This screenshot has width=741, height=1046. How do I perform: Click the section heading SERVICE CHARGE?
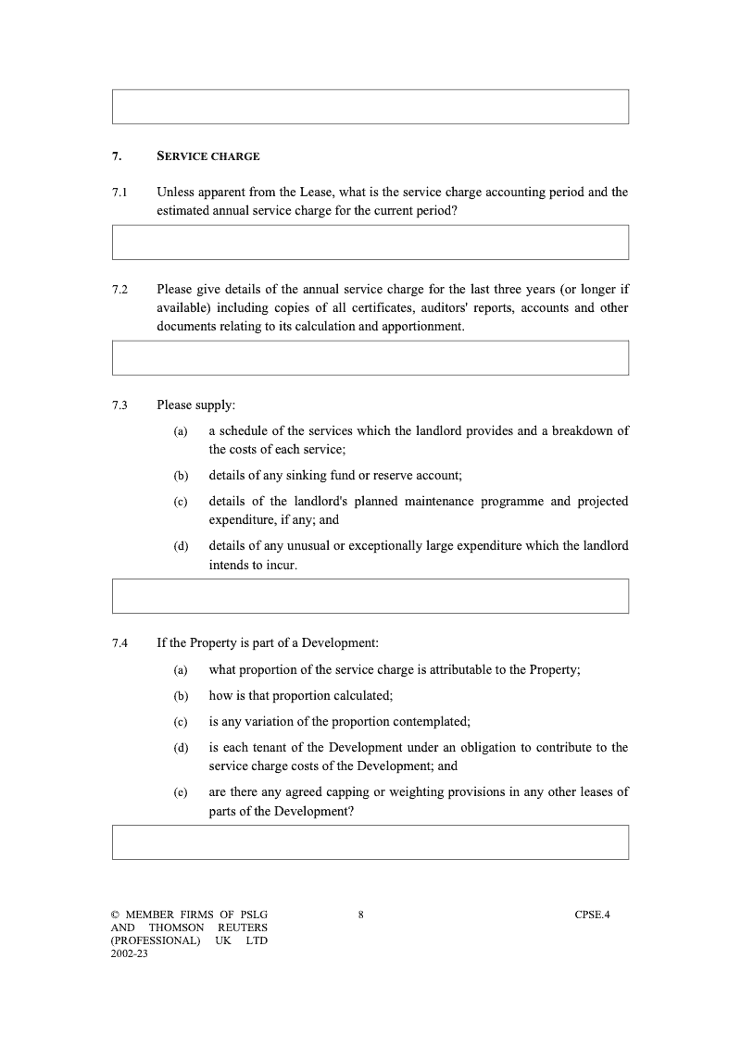click(208, 156)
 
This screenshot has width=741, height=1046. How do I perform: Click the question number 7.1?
click(119, 193)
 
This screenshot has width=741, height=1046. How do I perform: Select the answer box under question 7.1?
click(370, 243)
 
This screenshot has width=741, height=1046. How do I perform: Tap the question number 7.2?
click(119, 290)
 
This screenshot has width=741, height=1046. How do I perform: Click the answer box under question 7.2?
click(370, 358)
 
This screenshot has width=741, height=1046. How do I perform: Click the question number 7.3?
click(119, 405)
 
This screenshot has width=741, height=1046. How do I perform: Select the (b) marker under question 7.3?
click(181, 476)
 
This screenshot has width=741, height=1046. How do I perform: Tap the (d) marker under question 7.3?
click(181, 546)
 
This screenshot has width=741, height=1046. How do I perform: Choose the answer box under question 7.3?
click(370, 596)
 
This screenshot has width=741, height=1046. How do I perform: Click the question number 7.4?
click(119, 642)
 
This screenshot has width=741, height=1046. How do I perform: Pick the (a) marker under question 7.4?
click(181, 670)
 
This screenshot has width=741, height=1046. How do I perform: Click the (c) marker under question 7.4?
click(181, 722)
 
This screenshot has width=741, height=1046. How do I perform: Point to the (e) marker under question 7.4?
click(181, 792)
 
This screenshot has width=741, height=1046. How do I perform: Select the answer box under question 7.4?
click(370, 842)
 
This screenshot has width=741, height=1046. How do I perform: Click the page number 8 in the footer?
click(360, 915)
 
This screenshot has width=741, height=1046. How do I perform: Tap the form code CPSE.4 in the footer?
click(592, 915)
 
